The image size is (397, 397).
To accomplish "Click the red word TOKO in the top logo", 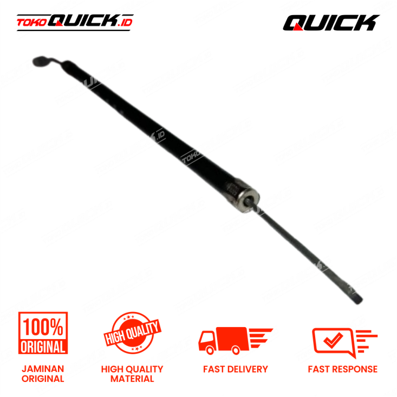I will pyautogui.click(x=31, y=23).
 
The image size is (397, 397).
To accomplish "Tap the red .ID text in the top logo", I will pyautogui.click(x=125, y=22).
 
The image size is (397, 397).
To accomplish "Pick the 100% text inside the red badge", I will pyautogui.click(x=44, y=327).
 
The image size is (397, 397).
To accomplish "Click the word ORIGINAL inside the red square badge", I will pyautogui.click(x=44, y=346).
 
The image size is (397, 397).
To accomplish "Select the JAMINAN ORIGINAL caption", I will pyautogui.click(x=43, y=374).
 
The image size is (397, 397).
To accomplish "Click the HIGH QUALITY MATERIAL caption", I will pyautogui.click(x=132, y=374).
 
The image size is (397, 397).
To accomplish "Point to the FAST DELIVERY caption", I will pyautogui.click(x=236, y=369).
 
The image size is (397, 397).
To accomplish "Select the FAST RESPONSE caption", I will pyautogui.click(x=343, y=369).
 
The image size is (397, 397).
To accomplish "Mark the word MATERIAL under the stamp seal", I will pyautogui.click(x=132, y=379).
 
